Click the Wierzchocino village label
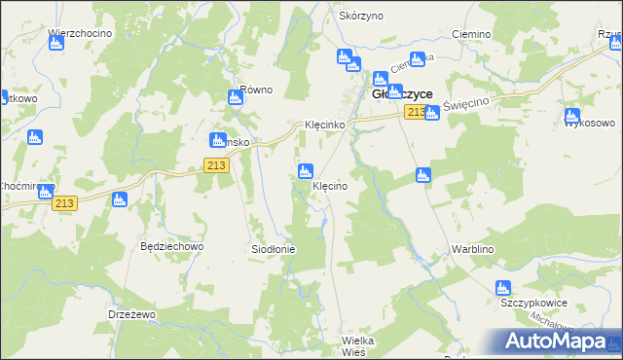80,33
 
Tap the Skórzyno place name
360,17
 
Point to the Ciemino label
471,33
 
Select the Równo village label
256,90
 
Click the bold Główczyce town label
403,94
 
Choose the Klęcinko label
323,126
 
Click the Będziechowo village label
171,247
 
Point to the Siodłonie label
274,249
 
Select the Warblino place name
474,249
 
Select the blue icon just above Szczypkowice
503,288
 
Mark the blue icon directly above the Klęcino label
306,171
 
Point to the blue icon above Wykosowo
572,117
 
